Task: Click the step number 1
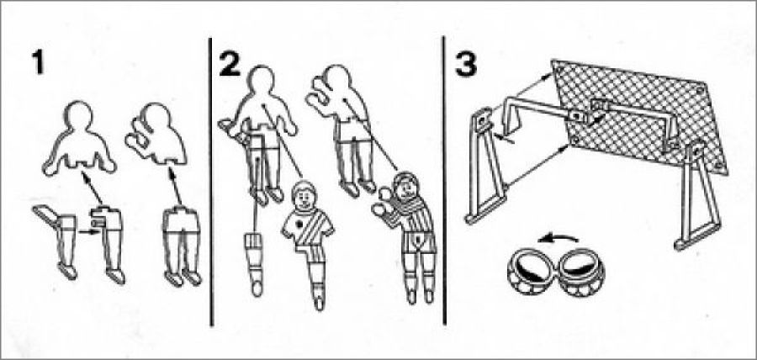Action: (x=37, y=62)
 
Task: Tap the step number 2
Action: (x=230, y=63)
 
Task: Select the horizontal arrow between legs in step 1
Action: (x=87, y=232)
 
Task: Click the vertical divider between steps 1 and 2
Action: (x=211, y=182)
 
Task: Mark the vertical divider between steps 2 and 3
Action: (x=443, y=181)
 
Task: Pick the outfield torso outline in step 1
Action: (x=79, y=138)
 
